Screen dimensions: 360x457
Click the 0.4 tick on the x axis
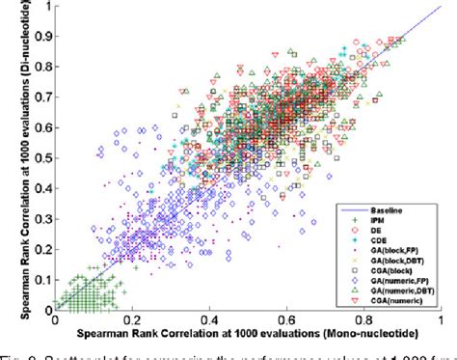209,317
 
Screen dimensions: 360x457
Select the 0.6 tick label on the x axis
286,317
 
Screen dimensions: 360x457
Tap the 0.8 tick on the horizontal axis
363,317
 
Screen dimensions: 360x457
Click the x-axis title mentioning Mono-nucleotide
248,332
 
